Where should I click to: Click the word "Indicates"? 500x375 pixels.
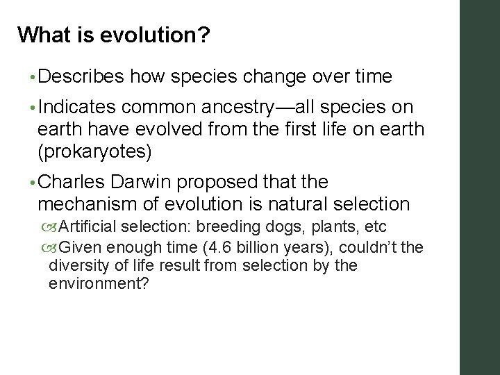pos(78,108)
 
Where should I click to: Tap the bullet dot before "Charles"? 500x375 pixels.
pos(32,183)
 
